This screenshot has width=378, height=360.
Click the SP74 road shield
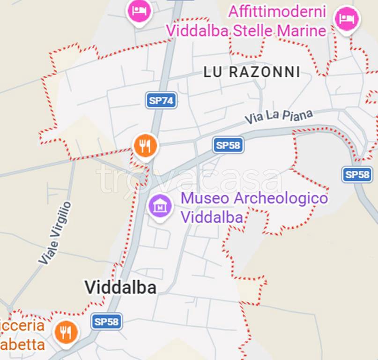161,100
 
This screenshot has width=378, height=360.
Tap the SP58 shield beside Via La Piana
228,145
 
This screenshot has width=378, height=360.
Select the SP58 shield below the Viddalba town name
106,322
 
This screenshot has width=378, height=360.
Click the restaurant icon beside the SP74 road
145,146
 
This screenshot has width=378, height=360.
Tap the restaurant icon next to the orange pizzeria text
66,332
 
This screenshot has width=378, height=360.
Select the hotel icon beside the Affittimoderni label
347,19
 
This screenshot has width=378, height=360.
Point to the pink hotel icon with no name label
139,10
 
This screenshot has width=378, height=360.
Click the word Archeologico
280,198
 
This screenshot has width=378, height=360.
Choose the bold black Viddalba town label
120,287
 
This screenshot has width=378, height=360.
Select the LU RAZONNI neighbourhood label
252,72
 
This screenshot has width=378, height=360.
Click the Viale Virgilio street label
55,233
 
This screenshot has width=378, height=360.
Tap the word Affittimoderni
277,12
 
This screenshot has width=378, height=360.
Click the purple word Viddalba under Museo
212,217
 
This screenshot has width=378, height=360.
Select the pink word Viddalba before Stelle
197,31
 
